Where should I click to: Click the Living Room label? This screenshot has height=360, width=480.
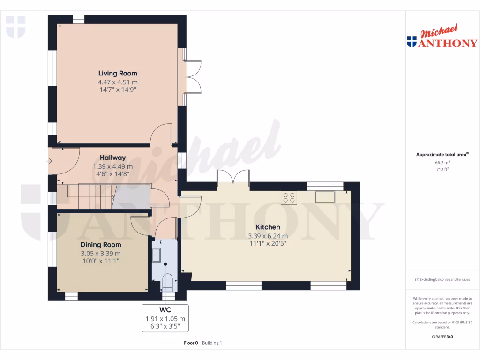point(117,73)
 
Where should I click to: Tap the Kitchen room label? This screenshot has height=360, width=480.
point(268,227)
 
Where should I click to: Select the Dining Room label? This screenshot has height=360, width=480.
point(100,245)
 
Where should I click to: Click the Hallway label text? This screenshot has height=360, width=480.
point(112,158)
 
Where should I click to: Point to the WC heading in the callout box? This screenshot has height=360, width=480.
point(165,310)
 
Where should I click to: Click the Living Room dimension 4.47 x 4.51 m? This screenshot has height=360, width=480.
point(117,82)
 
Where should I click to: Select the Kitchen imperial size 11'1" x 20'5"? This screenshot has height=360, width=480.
point(268,244)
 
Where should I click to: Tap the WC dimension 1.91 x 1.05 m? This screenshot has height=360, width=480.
point(165,318)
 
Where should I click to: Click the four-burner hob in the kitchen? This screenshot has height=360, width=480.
point(288,198)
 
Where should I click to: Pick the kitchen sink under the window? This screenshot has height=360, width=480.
point(325,197)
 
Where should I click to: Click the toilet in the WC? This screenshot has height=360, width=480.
point(167,281)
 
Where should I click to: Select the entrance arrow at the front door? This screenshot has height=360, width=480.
point(50,162)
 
